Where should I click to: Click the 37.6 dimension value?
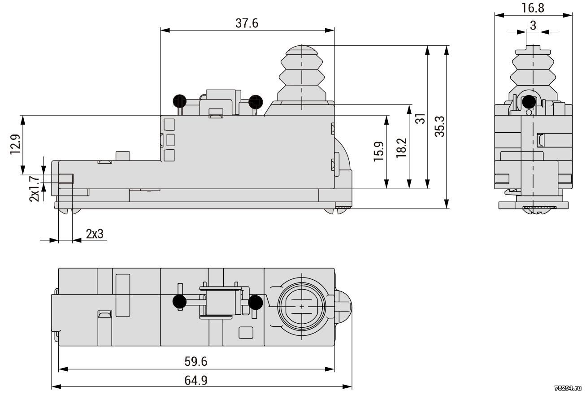click(x=247, y=23)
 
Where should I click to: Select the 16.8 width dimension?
click(x=533, y=8)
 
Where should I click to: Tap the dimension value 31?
click(x=421, y=118)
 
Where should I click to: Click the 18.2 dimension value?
click(x=401, y=148)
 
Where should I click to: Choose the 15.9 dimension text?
click(x=378, y=152)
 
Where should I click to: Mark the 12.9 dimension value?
click(x=15, y=144)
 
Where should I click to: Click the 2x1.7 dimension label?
click(x=34, y=189)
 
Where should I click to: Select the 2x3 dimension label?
click(x=95, y=234)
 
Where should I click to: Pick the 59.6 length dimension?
click(x=196, y=361)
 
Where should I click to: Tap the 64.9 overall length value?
click(x=196, y=380)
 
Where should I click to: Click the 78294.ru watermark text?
click(x=569, y=388)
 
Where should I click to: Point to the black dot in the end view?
click(x=529, y=102)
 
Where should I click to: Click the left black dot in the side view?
click(x=180, y=101)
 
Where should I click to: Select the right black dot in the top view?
click(x=255, y=302)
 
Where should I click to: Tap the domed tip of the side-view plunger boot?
click(x=302, y=50)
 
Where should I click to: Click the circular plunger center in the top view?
click(x=302, y=306)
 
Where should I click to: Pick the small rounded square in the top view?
click(x=246, y=333)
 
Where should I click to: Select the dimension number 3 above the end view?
click(x=533, y=26)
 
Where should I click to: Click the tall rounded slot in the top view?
click(x=123, y=295)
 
